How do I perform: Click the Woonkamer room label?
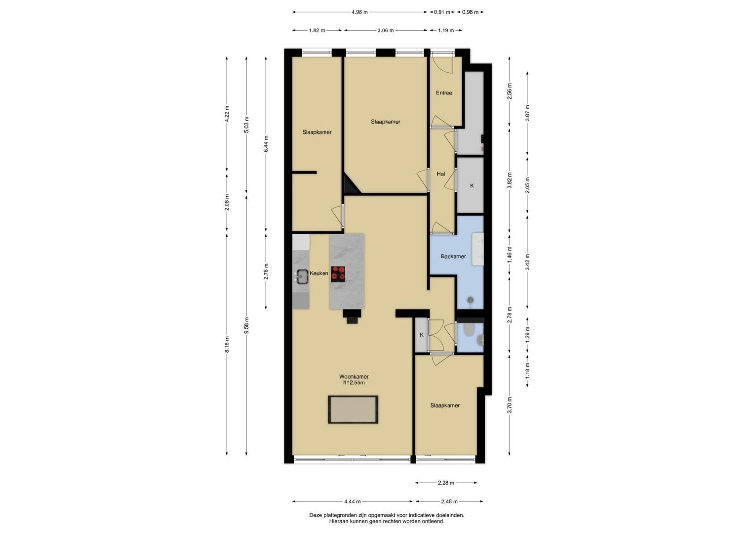[x=354, y=377]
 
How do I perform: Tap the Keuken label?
[x=319, y=273]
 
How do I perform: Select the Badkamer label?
[x=453, y=256]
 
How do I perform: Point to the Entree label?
[x=444, y=93]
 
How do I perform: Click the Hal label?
[x=440, y=174]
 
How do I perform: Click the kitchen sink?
[x=66, y=276]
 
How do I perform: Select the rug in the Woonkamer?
[x=353, y=409]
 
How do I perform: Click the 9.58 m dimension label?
[x=247, y=325]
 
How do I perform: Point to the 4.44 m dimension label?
[x=353, y=501]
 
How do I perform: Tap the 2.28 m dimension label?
[x=446, y=483]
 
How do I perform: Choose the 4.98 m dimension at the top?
[x=359, y=12]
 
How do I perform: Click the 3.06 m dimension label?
[x=386, y=30]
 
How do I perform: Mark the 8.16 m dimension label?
[x=227, y=345]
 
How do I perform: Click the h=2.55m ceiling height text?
[x=354, y=383]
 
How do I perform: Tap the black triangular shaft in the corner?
[x=350, y=185]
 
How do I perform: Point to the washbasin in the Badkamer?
[x=477, y=249]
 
